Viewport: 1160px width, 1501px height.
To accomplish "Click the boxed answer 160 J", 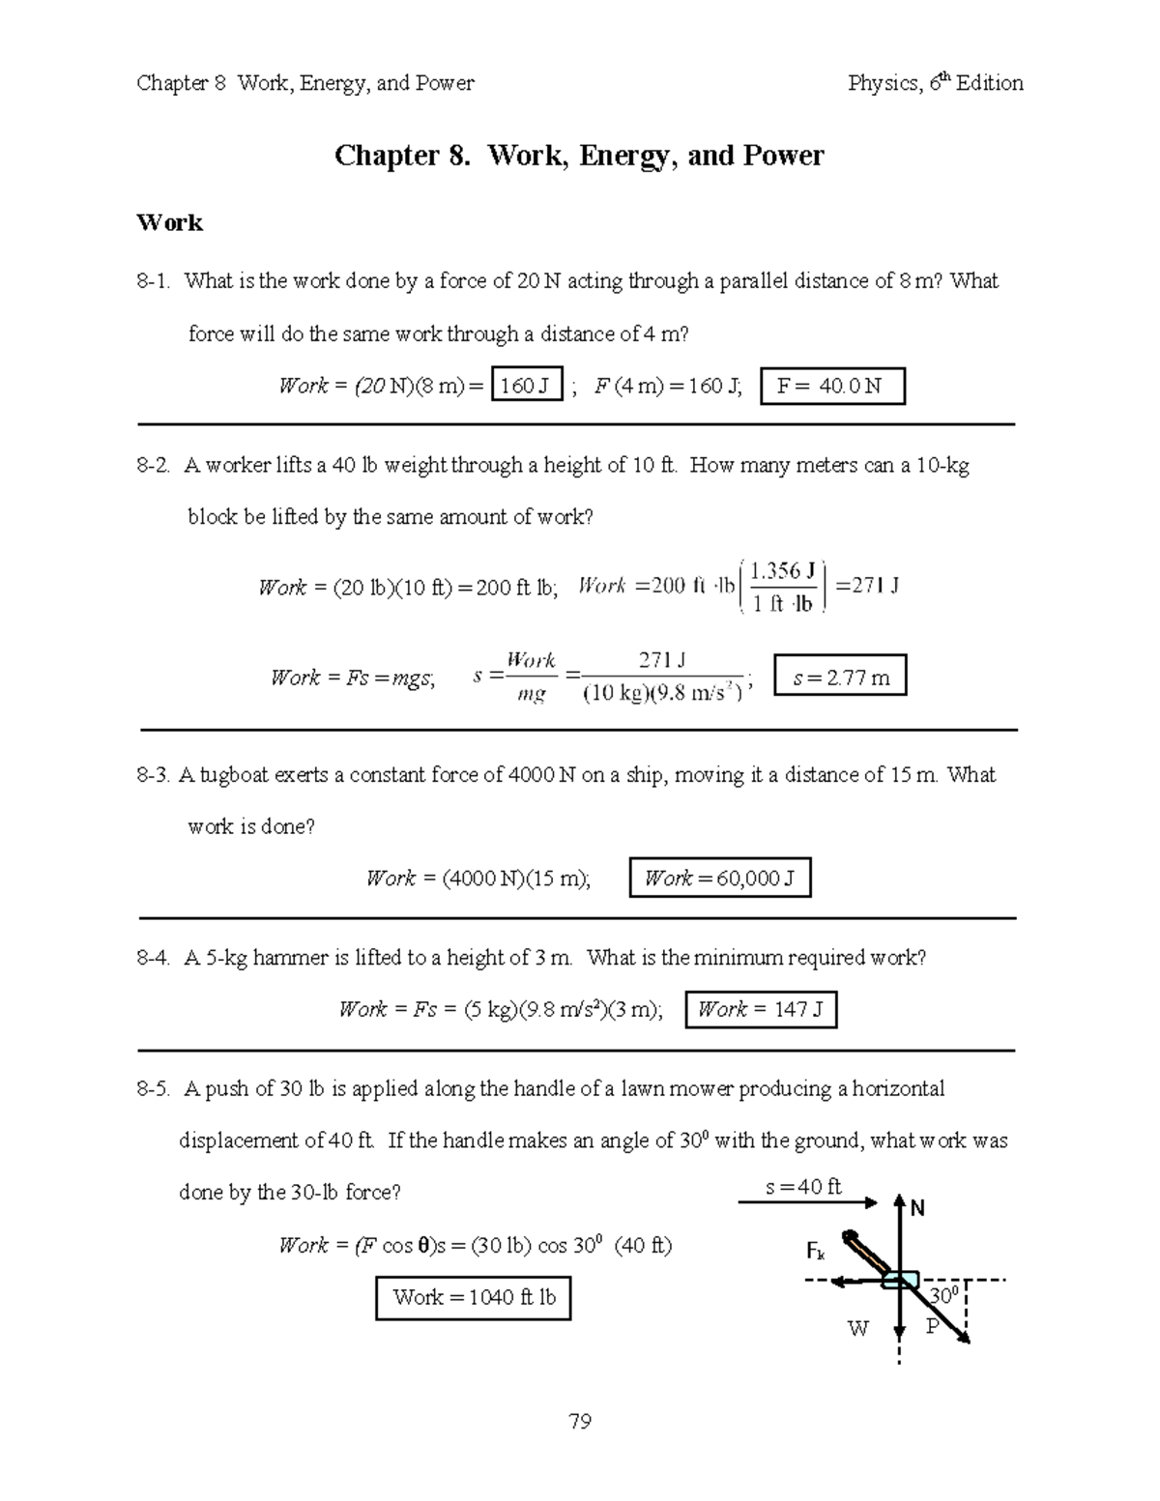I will tap(526, 387).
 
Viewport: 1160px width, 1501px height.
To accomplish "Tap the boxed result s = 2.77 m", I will tap(840, 678).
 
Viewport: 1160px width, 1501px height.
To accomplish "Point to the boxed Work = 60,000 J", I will tap(719, 879).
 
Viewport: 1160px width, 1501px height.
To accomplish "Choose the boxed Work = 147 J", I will tap(760, 1010).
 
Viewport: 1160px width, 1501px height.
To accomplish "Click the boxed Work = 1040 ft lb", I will tap(474, 1298).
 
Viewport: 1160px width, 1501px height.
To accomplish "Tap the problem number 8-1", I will tap(155, 281).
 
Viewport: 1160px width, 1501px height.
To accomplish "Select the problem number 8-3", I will tap(155, 775).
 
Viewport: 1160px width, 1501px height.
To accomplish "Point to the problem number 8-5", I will tap(155, 1089).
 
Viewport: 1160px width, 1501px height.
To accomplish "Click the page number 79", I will tap(580, 1421).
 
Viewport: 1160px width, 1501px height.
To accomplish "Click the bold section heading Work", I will tap(170, 223).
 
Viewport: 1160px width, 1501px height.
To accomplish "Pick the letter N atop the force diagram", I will tap(916, 1208).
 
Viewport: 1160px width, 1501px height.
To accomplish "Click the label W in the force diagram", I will tap(857, 1329).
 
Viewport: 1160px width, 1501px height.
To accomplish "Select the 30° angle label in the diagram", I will tap(942, 1295).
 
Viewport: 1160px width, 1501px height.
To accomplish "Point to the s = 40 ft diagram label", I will tap(803, 1187).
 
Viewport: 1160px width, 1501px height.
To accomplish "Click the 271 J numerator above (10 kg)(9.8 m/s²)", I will tap(662, 660).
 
